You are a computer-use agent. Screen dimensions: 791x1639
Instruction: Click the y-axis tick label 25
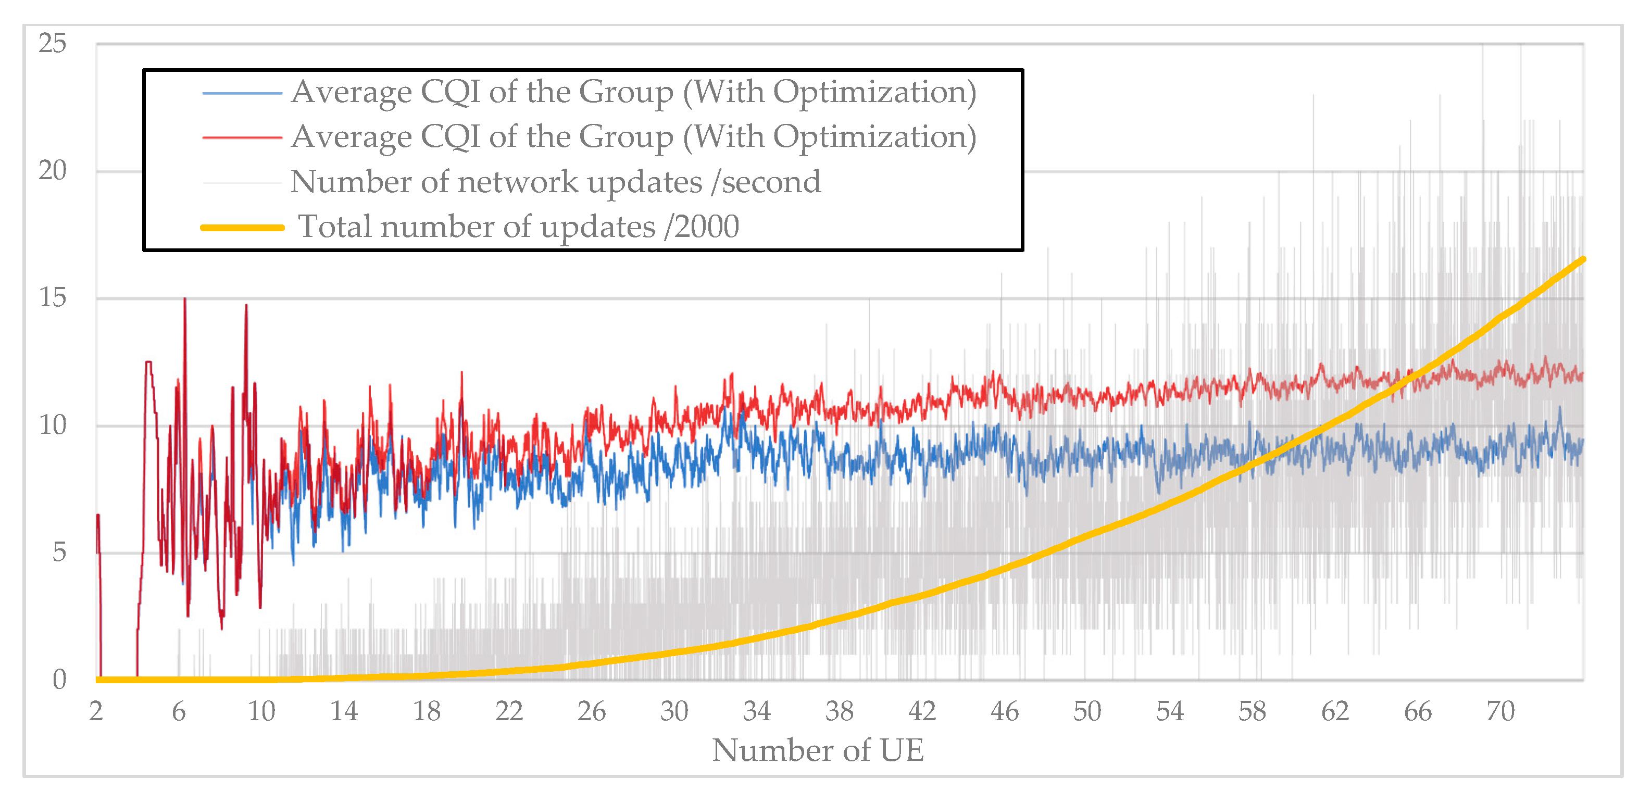(x=52, y=43)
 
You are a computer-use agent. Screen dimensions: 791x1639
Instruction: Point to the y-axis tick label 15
(x=52, y=298)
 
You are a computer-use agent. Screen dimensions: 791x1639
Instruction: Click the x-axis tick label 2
(x=96, y=711)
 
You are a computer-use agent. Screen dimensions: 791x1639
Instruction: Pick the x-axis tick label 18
(x=427, y=711)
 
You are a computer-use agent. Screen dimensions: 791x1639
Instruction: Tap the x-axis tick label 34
(x=757, y=711)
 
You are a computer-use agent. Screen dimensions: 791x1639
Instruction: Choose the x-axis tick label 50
(x=1087, y=711)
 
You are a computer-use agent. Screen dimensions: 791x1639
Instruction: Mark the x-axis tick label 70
(x=1499, y=711)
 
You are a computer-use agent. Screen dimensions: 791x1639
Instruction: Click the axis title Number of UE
(x=818, y=750)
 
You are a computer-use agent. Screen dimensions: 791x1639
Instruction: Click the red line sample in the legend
(x=242, y=137)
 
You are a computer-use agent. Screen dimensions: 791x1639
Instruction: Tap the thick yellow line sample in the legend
(x=242, y=227)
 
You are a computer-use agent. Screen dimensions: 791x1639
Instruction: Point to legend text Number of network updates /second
(x=556, y=182)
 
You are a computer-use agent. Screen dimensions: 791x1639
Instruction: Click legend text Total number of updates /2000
(x=519, y=227)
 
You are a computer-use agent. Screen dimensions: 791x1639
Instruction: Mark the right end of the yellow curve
(x=1582, y=260)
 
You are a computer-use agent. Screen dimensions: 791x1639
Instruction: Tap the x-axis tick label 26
(x=591, y=711)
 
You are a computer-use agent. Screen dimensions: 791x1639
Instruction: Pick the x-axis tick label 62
(x=1334, y=711)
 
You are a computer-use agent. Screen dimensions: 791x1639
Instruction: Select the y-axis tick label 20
(x=52, y=171)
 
